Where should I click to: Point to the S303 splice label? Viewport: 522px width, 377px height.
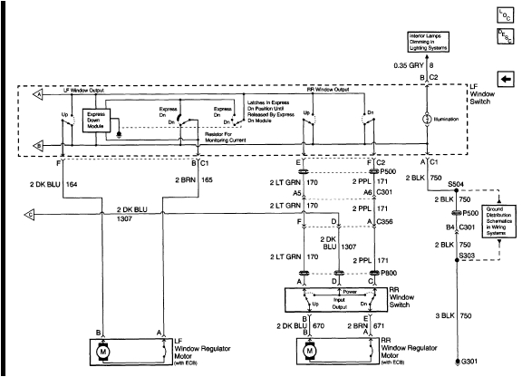(469, 256)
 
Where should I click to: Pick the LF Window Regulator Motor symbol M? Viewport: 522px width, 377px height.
(103, 348)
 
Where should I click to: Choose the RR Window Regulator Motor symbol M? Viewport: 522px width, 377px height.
(310, 348)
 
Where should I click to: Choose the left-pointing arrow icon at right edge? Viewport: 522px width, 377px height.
(504, 79)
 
